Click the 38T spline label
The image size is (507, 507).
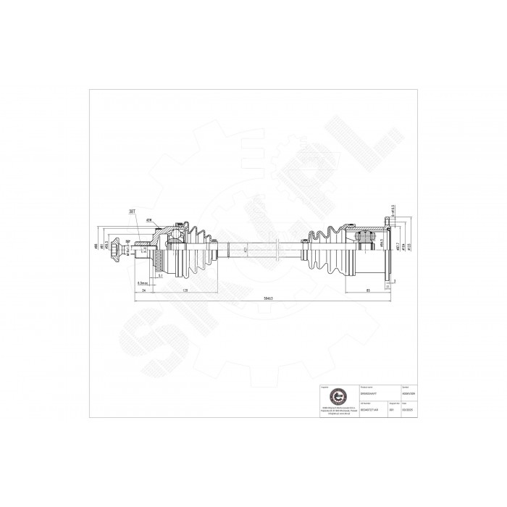tap(132, 211)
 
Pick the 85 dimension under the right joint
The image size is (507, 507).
tap(369, 290)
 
